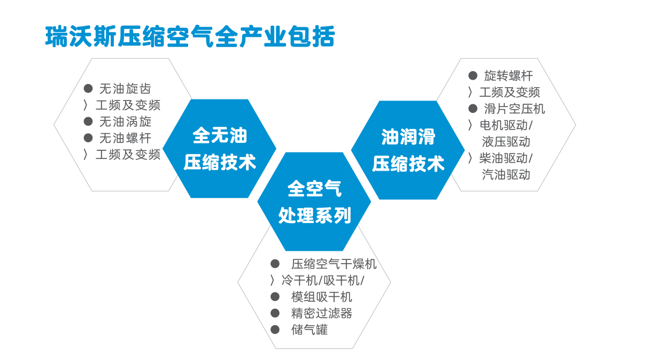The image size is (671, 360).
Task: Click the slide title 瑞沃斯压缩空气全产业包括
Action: point(190,36)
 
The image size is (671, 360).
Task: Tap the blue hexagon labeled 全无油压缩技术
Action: point(219,148)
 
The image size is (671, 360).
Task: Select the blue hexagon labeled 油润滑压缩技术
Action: point(408,150)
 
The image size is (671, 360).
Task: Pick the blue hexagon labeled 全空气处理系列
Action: point(314,202)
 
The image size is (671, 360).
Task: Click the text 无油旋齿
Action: point(125,89)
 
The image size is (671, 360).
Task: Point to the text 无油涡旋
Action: point(125,122)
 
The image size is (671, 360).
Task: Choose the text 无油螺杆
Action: point(125,138)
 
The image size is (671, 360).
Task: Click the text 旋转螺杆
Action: point(508,76)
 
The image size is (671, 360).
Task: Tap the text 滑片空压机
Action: point(514,109)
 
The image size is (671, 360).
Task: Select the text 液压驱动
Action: point(506,142)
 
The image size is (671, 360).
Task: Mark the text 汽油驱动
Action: point(506,175)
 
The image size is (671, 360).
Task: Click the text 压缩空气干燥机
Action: point(334,264)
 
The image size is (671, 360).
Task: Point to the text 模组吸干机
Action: point(321,297)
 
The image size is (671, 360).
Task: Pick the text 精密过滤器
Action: point(321,313)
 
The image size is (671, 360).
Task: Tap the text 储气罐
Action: point(310,330)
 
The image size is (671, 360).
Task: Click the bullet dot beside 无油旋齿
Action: point(88,88)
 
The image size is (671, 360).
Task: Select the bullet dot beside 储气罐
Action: point(275,330)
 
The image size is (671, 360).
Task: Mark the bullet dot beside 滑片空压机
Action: point(473,109)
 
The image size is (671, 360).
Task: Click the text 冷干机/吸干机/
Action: point(322,281)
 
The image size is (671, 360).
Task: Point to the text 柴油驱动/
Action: point(506,158)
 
